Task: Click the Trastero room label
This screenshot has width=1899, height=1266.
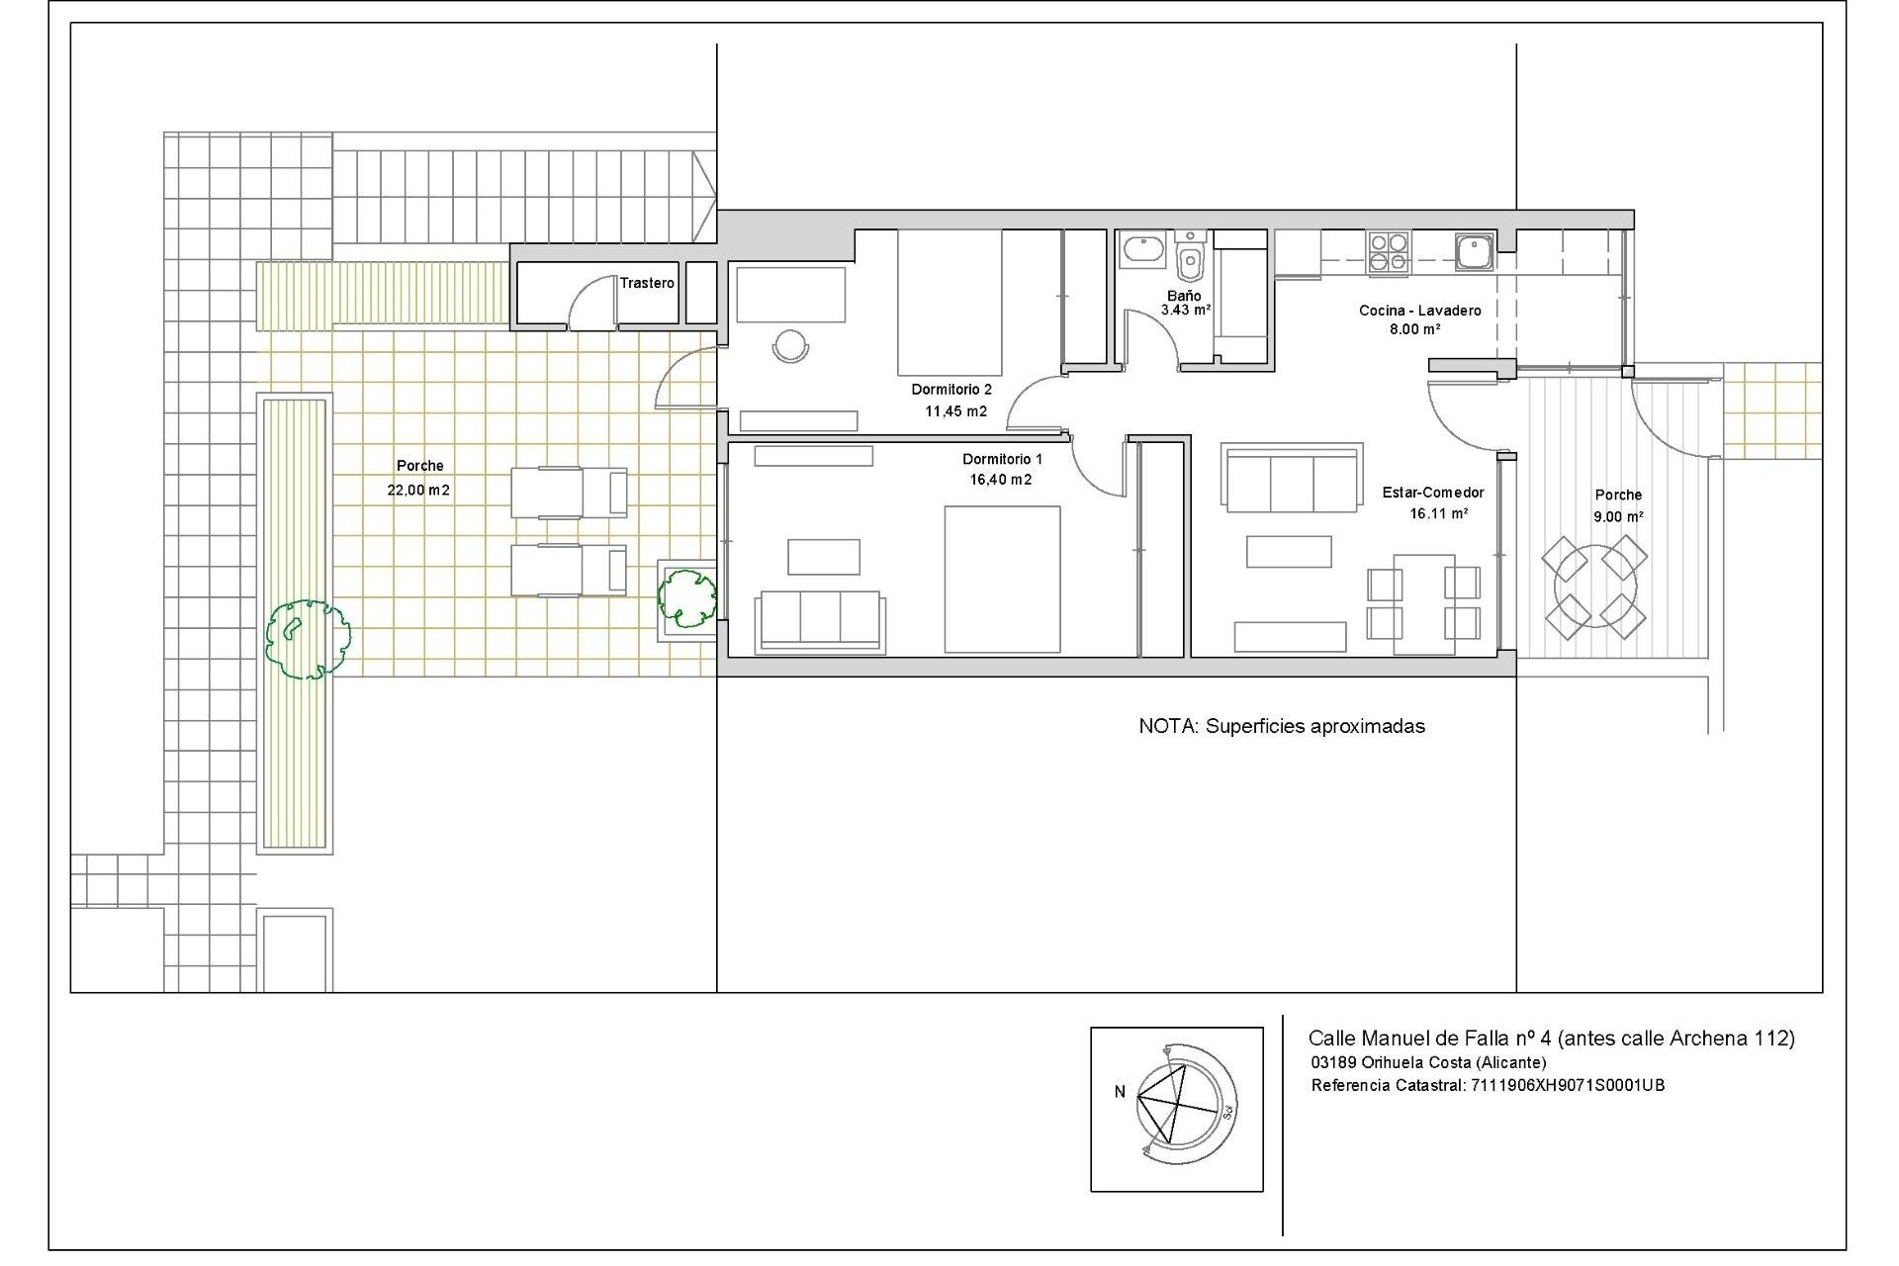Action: (x=647, y=283)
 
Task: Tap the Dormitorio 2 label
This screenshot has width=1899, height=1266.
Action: (x=950, y=390)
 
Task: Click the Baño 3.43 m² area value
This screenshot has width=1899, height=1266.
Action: (x=1185, y=310)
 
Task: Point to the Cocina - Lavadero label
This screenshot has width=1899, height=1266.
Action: (x=1419, y=311)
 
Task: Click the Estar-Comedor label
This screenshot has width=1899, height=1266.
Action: (x=1432, y=493)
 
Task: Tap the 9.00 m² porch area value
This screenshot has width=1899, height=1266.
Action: (x=1618, y=516)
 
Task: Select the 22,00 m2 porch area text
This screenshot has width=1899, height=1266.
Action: (x=418, y=490)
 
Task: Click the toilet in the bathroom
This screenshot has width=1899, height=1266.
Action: (x=1190, y=263)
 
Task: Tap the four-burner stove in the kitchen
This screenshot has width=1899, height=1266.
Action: (x=1388, y=252)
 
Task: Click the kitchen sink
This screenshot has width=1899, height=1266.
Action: (x=1474, y=251)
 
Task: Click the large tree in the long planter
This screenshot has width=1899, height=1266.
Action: (x=308, y=639)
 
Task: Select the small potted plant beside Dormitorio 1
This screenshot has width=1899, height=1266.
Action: (x=687, y=597)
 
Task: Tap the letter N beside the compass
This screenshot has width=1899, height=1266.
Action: (x=1120, y=1092)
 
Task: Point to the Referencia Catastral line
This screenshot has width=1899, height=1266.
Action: (x=1488, y=1085)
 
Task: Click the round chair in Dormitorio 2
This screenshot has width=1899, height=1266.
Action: (x=790, y=345)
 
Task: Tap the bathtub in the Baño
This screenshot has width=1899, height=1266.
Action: (x=1144, y=250)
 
